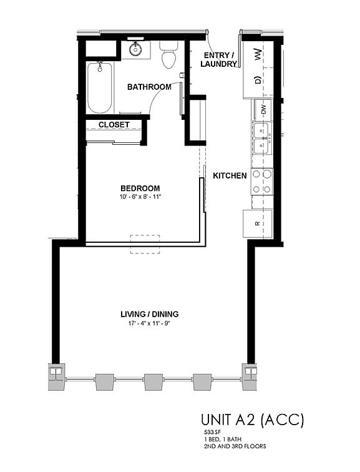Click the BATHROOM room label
click(x=149, y=87)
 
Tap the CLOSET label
click(x=114, y=125)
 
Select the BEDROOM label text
click(x=140, y=188)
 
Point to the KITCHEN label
click(x=230, y=176)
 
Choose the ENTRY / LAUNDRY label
click(x=220, y=59)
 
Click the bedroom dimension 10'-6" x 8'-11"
click(x=140, y=197)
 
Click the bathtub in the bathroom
click(x=99, y=87)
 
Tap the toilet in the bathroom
click(x=169, y=55)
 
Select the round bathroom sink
click(x=136, y=49)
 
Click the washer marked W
click(x=258, y=56)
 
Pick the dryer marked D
click(x=258, y=80)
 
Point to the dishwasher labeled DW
click(x=263, y=109)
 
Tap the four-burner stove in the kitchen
click(x=261, y=181)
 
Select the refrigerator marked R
click(x=257, y=223)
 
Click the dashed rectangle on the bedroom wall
click(x=145, y=244)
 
